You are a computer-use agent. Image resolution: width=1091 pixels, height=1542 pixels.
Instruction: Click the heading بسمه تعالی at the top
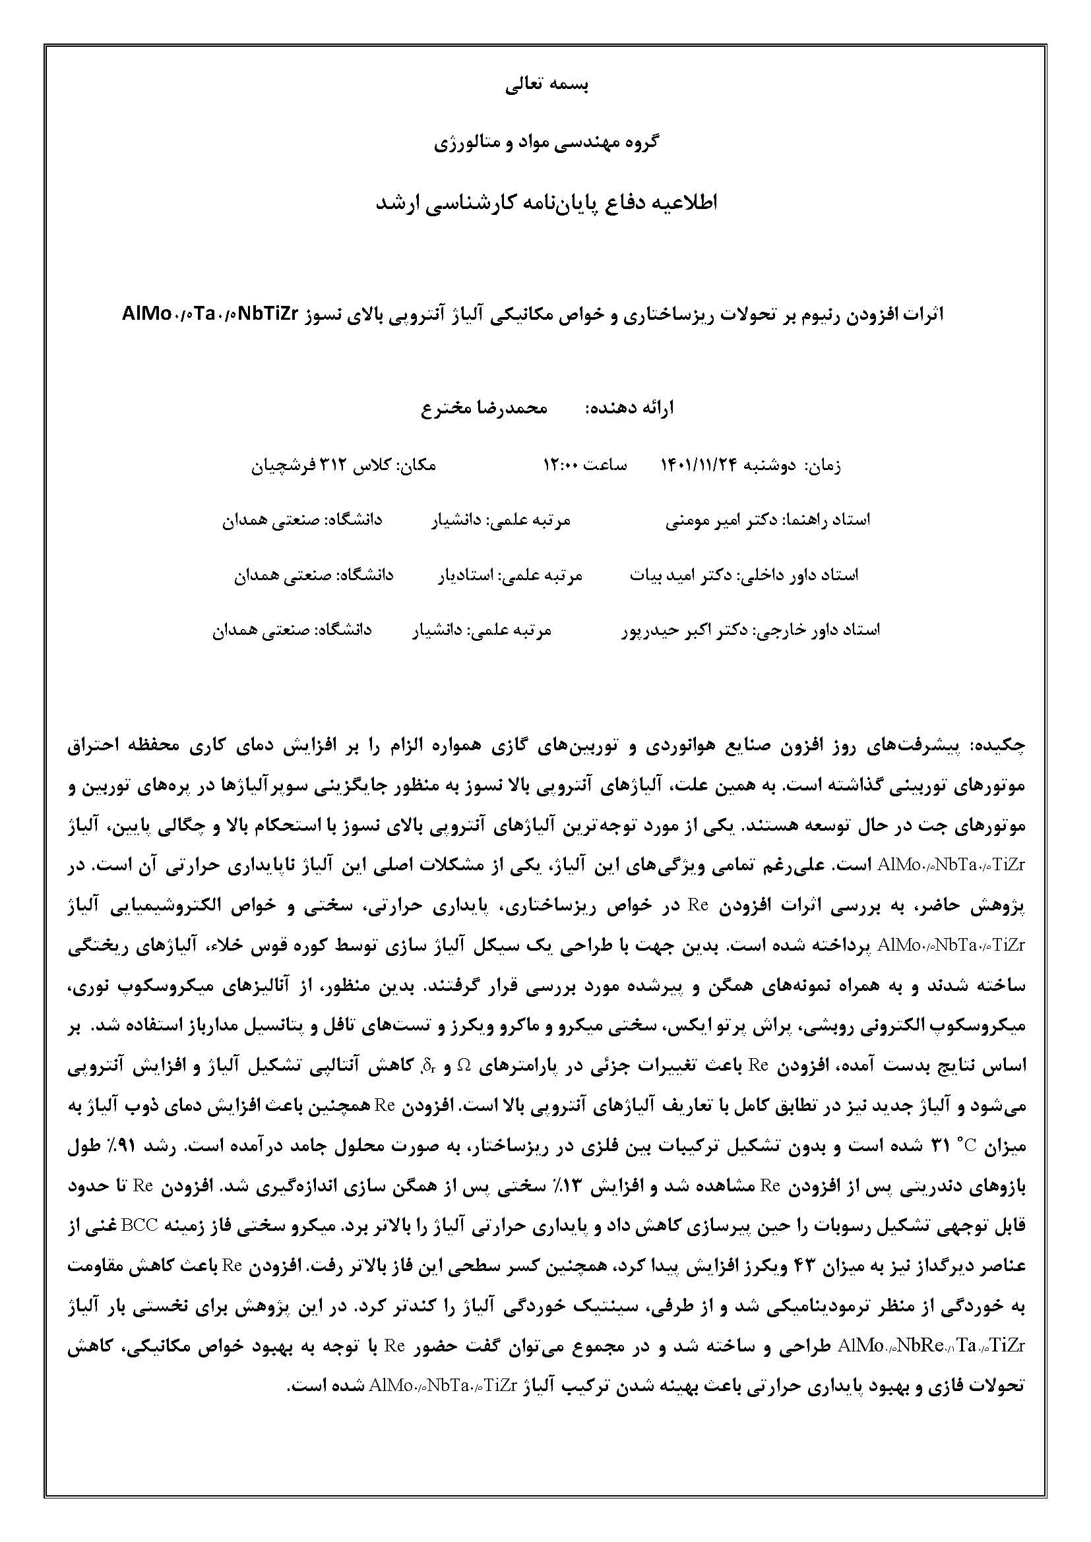coord(545,86)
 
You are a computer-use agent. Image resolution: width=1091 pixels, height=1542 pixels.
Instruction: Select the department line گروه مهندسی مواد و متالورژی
coord(545,142)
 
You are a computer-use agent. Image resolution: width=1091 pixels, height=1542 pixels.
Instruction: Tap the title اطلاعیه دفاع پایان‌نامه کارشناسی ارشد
coord(545,204)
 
